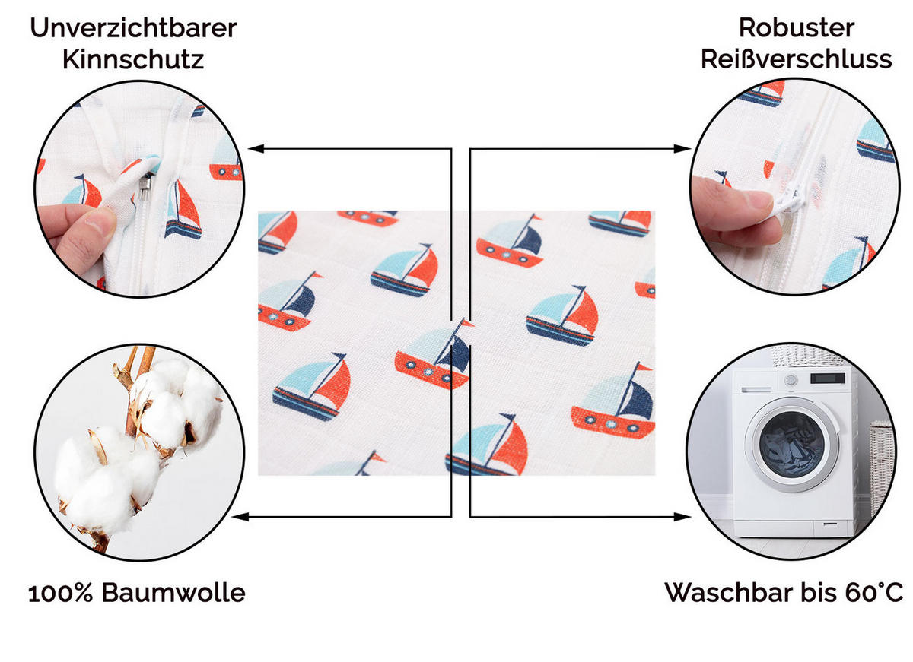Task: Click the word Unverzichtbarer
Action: click(x=133, y=28)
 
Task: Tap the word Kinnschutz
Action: click(x=133, y=59)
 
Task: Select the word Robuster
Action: click(x=796, y=28)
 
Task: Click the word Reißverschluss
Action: click(x=796, y=59)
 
